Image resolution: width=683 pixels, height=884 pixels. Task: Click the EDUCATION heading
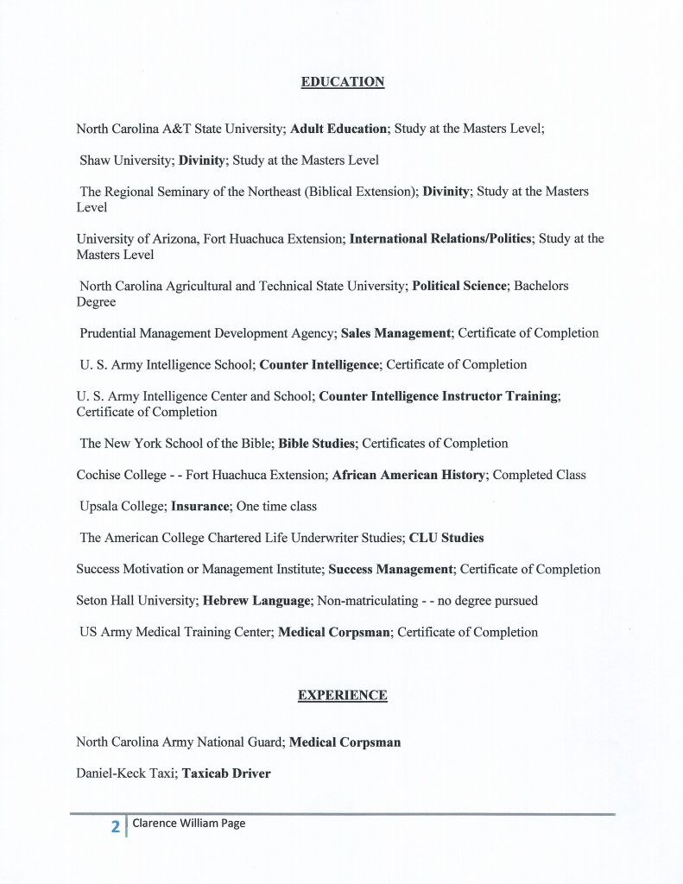point(343,82)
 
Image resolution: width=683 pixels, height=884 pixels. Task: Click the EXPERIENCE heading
point(343,695)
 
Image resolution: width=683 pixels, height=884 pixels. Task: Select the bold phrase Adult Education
point(338,129)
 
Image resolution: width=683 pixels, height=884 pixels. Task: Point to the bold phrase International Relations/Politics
point(440,238)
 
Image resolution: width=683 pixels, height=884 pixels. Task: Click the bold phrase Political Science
point(458,286)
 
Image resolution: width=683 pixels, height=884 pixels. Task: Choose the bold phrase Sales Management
point(395,333)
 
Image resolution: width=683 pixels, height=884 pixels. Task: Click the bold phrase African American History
point(408,475)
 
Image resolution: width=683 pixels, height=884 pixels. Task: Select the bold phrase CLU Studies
point(446,538)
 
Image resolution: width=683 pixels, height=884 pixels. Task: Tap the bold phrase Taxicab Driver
point(226,773)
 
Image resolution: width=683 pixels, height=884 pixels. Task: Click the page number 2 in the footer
point(115,826)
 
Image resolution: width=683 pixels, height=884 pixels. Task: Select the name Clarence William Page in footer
point(189,824)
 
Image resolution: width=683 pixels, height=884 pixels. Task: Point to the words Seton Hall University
point(136,601)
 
